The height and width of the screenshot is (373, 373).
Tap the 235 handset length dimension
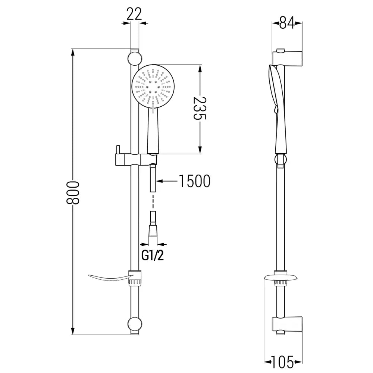click(200, 109)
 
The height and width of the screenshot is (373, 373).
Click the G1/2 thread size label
click(153, 256)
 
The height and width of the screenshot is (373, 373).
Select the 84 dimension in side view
click(287, 24)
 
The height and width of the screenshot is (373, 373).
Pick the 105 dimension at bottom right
click(283, 361)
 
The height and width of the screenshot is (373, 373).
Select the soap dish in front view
click(110, 278)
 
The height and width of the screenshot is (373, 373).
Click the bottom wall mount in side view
click(287, 324)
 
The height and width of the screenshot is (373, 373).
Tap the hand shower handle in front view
click(153, 132)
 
